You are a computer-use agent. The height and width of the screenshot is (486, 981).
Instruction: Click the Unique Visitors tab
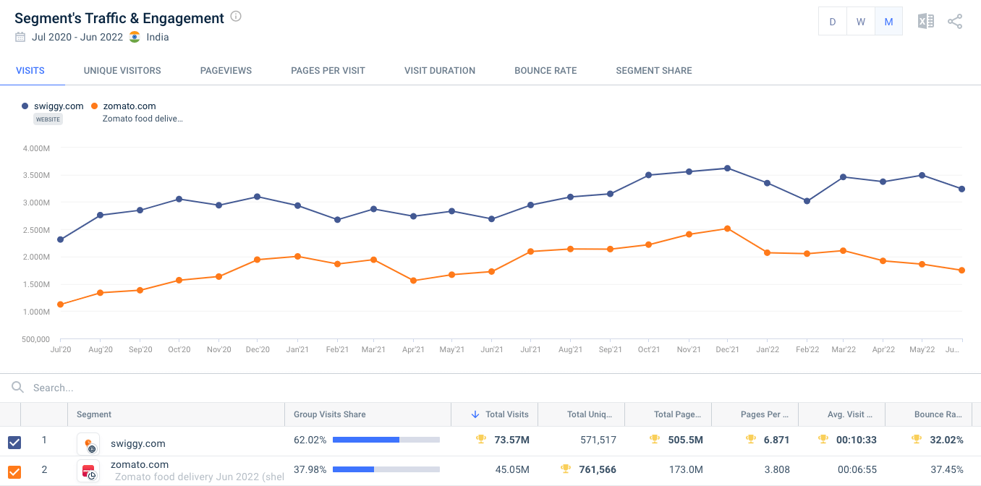[122, 71]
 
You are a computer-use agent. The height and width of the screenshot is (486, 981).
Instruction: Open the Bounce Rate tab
[545, 71]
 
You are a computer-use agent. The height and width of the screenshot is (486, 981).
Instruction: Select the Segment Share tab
[653, 71]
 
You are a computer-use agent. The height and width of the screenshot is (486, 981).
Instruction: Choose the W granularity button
[860, 22]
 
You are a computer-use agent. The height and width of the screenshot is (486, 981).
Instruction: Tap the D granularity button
[832, 22]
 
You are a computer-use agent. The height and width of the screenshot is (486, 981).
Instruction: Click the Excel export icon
[925, 22]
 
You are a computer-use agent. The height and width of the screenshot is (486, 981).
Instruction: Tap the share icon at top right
[955, 22]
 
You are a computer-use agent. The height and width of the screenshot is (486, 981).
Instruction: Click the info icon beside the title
[236, 17]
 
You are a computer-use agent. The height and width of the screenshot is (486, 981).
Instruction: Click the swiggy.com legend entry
[58, 106]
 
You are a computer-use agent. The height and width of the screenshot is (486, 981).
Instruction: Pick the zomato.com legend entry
[129, 106]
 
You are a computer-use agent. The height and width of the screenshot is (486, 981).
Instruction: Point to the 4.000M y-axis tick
[36, 148]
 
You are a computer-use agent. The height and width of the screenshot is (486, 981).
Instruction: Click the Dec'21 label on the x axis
[727, 350]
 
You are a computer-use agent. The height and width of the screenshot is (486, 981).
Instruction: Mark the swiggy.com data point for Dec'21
[728, 169]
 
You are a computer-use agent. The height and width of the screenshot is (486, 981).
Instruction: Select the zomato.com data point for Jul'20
[60, 304]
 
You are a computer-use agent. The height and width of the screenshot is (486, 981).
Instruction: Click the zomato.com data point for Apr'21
[413, 281]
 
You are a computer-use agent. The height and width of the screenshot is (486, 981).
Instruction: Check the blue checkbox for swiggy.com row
[14, 443]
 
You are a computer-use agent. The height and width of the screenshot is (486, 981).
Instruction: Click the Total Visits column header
[506, 414]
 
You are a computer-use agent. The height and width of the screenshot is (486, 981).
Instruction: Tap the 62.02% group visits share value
[310, 440]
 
